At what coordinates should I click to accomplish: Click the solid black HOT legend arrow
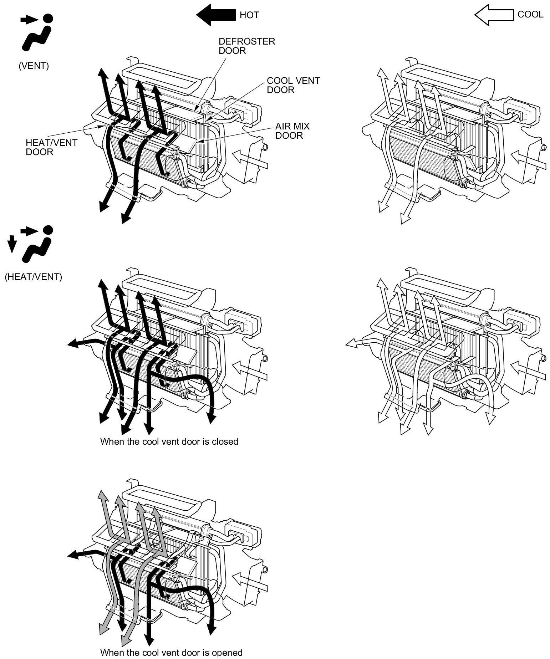coord(215,15)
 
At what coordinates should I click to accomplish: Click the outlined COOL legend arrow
coord(494,15)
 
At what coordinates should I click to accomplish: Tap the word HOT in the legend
coord(249,15)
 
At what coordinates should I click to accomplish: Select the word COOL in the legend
coord(530,14)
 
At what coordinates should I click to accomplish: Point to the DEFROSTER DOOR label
coord(246,46)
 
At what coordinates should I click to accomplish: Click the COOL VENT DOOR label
coord(293,85)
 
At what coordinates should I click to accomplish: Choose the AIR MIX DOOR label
coord(292,131)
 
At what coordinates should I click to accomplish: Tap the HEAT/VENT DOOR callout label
coord(51,147)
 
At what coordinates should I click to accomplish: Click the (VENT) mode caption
coord(34,66)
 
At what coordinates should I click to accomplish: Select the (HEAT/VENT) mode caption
coord(33,277)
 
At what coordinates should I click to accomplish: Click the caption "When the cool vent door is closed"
coord(169,441)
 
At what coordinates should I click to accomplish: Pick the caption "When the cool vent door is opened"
coord(171,652)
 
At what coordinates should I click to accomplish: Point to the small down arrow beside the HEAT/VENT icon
coord(12,244)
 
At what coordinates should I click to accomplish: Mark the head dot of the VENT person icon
coord(48,18)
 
